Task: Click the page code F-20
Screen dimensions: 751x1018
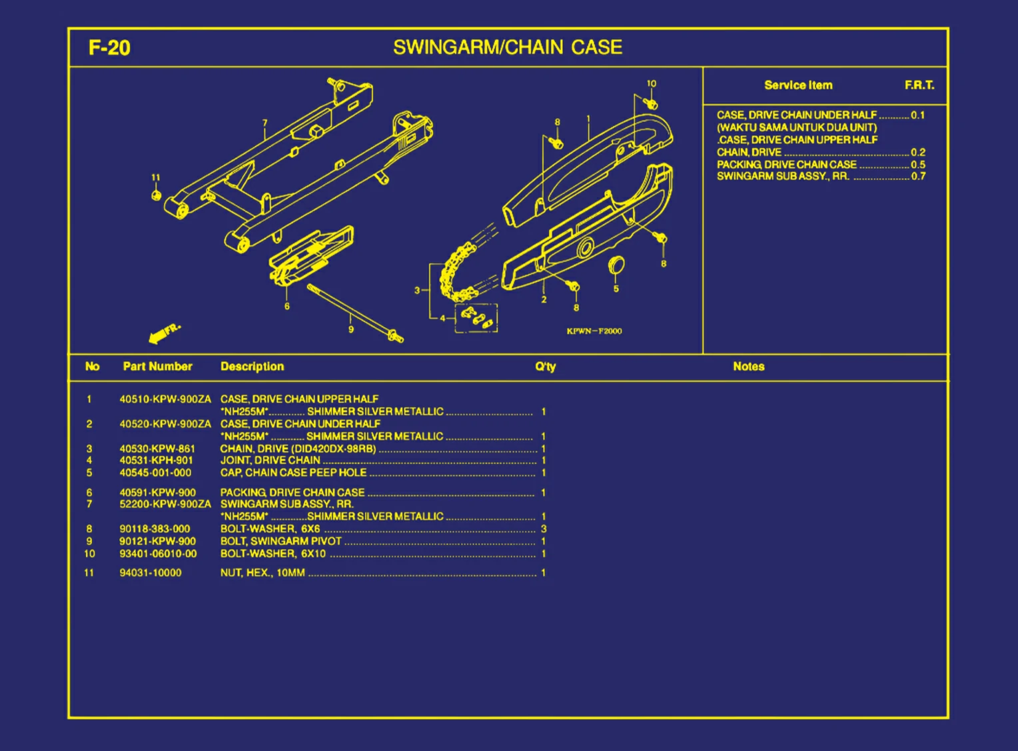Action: pyautogui.click(x=109, y=48)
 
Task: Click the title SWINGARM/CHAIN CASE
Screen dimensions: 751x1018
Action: pyautogui.click(x=508, y=47)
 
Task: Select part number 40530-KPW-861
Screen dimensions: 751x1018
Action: pyautogui.click(x=157, y=449)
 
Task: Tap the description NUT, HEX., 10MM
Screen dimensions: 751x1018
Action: pyautogui.click(x=262, y=573)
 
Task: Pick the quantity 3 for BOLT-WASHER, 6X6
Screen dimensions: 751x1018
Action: pyautogui.click(x=544, y=529)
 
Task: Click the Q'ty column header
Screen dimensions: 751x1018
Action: pyautogui.click(x=545, y=367)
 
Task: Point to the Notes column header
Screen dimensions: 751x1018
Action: pyautogui.click(x=748, y=367)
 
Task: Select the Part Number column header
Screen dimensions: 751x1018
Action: pyautogui.click(x=157, y=367)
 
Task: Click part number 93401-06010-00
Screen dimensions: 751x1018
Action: pyautogui.click(x=158, y=554)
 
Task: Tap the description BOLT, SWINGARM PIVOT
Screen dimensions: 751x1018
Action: pyautogui.click(x=280, y=542)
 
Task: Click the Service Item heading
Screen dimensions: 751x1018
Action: pyautogui.click(x=798, y=85)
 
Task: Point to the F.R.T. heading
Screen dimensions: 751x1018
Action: pyautogui.click(x=919, y=85)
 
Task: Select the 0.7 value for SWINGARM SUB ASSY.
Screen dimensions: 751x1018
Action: pyautogui.click(x=918, y=177)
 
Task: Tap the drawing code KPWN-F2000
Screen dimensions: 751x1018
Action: pyautogui.click(x=594, y=331)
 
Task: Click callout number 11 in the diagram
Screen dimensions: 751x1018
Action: pyautogui.click(x=156, y=178)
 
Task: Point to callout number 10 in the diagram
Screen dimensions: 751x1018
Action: pyautogui.click(x=651, y=84)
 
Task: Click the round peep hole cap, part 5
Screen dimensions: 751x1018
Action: pyautogui.click(x=616, y=265)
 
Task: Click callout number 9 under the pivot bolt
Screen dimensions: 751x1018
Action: pyautogui.click(x=351, y=329)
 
